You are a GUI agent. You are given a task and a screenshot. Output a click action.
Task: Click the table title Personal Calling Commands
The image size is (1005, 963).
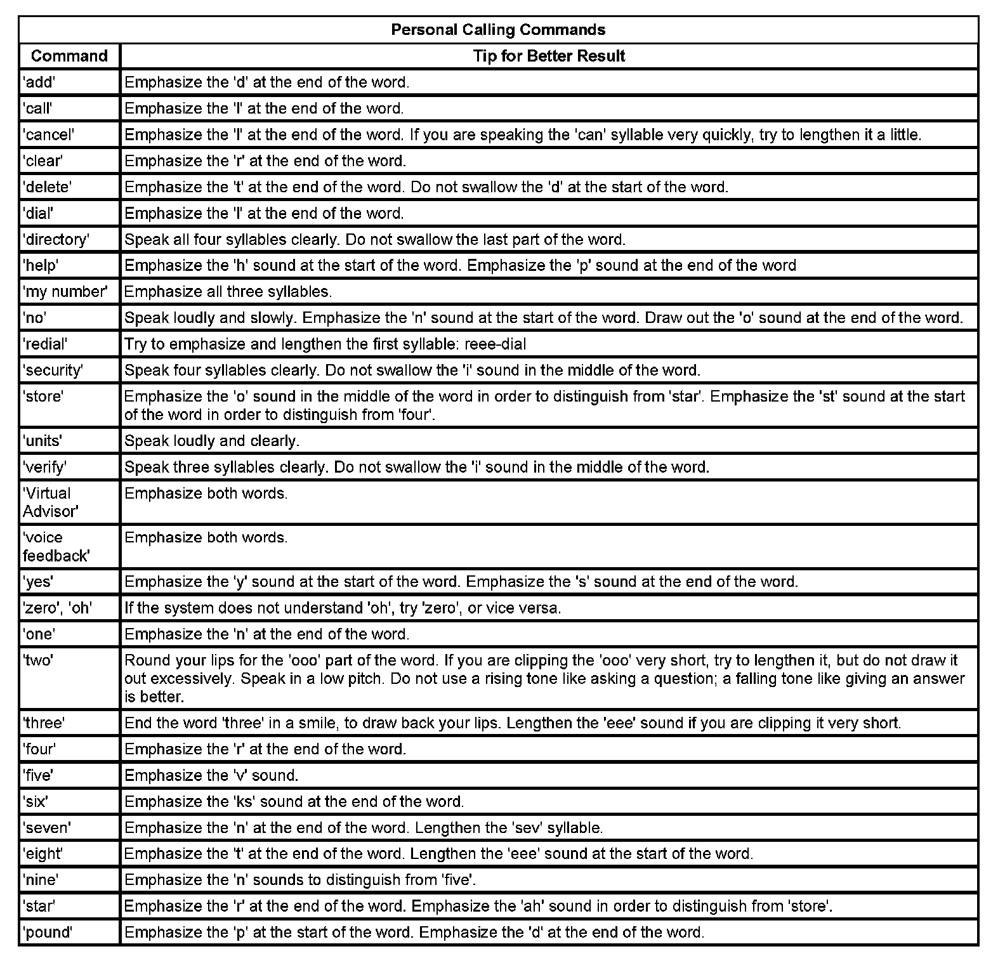498,30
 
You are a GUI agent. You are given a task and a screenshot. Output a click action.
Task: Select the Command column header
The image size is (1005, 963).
69,56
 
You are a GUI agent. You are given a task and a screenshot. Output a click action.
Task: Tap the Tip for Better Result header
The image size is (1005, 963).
549,56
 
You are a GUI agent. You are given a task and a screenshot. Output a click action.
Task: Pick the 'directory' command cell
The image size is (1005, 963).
56,239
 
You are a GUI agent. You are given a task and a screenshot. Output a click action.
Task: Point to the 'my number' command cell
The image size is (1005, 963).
65,292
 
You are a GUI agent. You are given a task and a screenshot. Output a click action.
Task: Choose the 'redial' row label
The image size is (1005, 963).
45,344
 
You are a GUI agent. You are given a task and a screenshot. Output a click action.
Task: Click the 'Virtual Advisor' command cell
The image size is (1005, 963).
51,502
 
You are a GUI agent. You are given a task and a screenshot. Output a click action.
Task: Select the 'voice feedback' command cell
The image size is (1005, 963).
56,546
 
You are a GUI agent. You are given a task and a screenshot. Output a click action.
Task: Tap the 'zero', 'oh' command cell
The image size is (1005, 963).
58,608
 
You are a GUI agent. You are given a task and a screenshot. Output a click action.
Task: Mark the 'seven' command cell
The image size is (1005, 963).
47,827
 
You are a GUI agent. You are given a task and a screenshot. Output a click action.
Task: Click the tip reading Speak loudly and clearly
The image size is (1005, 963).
212,440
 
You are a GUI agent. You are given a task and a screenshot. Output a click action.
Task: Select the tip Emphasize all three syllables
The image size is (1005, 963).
228,292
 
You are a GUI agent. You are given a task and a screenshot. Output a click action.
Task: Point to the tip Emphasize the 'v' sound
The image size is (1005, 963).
211,775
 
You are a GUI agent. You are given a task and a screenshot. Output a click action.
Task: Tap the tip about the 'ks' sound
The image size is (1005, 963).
294,801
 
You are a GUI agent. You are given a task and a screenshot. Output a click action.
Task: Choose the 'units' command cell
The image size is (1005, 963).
43,440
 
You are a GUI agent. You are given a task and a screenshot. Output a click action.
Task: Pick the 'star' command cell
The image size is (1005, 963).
39,906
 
